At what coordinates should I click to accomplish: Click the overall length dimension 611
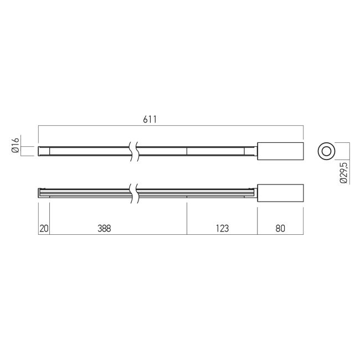(150, 120)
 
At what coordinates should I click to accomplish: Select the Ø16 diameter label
(16, 145)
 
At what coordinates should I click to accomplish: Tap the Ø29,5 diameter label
(344, 172)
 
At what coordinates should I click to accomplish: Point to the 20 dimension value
(44, 228)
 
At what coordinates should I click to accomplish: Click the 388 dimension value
(104, 228)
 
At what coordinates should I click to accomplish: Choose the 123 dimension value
(222, 228)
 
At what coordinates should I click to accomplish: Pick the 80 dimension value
(280, 228)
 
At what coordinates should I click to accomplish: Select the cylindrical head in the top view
(280, 151)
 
